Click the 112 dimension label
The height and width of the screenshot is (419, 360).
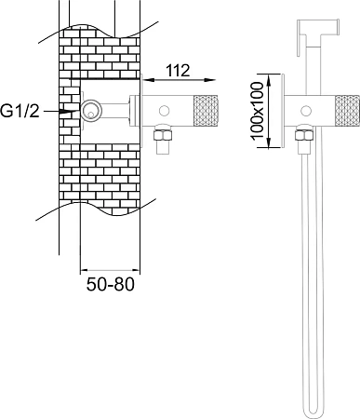point(178,71)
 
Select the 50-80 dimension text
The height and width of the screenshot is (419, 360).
point(111,284)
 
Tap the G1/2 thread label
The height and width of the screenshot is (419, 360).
point(20,111)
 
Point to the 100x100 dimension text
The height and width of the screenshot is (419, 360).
point(257,111)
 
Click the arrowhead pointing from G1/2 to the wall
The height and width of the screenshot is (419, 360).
point(69,111)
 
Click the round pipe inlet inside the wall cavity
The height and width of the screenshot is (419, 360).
point(91,111)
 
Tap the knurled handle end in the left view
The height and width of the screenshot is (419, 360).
point(206,111)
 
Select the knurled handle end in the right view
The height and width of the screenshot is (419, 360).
point(347,111)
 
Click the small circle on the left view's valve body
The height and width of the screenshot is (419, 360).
point(164,111)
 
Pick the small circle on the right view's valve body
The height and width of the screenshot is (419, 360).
point(306,111)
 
